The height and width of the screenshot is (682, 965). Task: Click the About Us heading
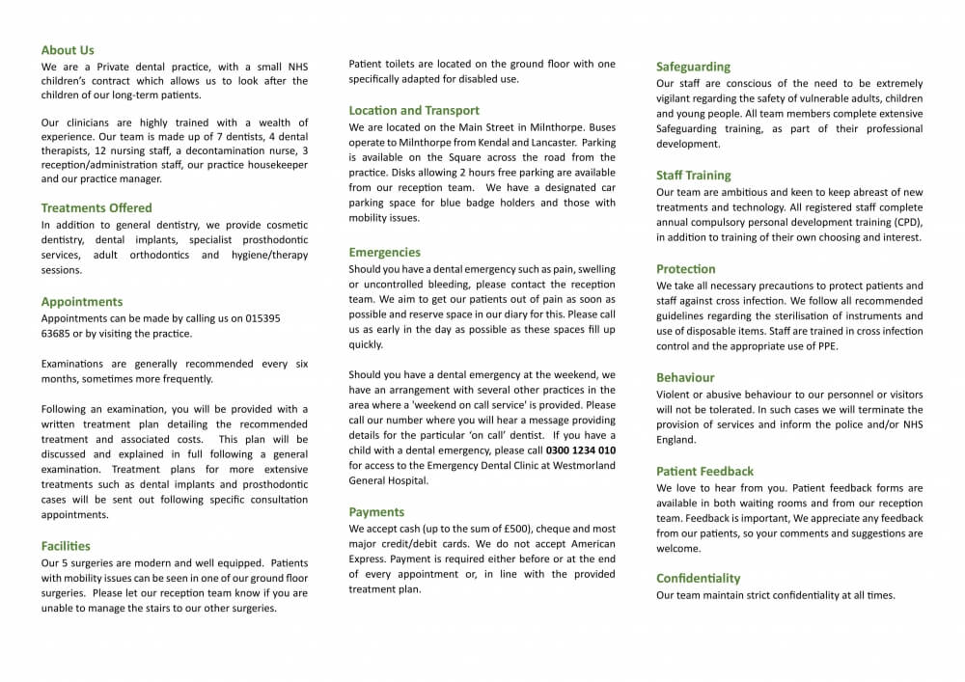click(68, 50)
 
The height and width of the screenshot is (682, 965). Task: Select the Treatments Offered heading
click(96, 207)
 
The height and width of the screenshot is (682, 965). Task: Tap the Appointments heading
click(82, 302)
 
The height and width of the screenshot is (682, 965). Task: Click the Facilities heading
click(66, 546)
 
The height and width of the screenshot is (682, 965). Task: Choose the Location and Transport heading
click(414, 111)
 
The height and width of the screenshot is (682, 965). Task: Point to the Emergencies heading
click(385, 253)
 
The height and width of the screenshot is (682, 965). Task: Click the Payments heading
click(376, 512)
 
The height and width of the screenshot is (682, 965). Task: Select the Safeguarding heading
click(693, 68)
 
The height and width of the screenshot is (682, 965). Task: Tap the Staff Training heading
click(694, 176)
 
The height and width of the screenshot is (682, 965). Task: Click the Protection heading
click(686, 269)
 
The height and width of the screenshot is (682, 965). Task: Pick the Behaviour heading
click(685, 378)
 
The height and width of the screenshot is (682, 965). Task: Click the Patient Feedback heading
click(704, 472)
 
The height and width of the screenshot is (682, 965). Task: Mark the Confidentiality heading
click(699, 579)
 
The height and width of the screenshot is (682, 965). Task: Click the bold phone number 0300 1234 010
click(581, 450)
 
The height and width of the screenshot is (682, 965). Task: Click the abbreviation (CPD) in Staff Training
click(905, 223)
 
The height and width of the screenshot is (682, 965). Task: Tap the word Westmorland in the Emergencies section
click(581, 466)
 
